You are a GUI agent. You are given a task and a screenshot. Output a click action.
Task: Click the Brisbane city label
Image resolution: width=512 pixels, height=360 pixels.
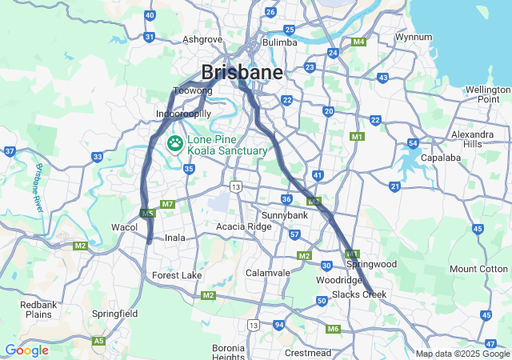(x=242, y=72)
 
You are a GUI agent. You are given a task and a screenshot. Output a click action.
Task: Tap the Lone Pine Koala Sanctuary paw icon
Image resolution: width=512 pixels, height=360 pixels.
(x=174, y=143)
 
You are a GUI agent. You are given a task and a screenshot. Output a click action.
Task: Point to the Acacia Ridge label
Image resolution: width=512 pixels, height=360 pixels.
(x=244, y=226)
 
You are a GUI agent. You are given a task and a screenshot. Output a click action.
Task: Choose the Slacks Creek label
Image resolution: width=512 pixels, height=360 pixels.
(x=359, y=294)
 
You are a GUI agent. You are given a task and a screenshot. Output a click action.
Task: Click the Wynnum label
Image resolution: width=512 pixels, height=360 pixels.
(x=414, y=37)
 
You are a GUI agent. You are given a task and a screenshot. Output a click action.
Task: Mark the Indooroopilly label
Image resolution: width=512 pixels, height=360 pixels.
(x=184, y=114)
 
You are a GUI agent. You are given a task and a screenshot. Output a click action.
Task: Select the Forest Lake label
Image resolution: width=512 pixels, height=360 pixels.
(x=178, y=275)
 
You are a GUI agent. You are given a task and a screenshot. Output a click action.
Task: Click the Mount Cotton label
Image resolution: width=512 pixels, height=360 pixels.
(x=478, y=269)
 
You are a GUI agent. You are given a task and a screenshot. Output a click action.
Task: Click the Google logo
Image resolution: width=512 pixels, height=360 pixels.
(x=26, y=350)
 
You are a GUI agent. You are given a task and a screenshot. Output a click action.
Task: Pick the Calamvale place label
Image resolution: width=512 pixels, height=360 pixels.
(x=268, y=272)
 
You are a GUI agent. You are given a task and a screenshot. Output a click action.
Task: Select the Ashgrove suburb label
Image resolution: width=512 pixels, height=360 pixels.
(x=202, y=38)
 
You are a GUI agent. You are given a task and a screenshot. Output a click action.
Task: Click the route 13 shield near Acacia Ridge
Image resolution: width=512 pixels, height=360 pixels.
(x=235, y=186)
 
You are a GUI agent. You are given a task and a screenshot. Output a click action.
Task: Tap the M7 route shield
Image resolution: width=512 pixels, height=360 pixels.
(x=167, y=204)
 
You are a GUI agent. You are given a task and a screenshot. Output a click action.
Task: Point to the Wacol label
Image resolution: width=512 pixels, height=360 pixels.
(x=124, y=227)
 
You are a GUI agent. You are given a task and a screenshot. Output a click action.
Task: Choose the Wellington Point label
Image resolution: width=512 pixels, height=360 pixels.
(x=488, y=94)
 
